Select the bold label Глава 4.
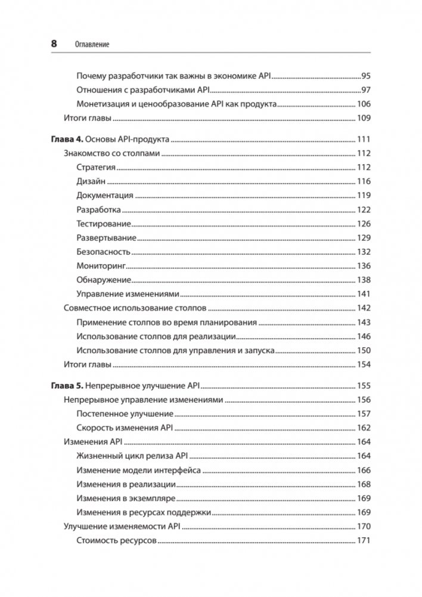point(64,140)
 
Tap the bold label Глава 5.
point(64,386)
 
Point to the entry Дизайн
point(91,182)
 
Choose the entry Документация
point(105,196)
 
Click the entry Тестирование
point(104,224)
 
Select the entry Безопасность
point(104,252)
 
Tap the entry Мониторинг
point(101,266)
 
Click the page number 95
point(366,76)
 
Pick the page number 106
point(364,104)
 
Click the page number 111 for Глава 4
point(364,140)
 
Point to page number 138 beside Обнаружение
point(364,280)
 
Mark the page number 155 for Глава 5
point(364,386)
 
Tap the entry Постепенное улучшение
point(125,414)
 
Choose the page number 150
point(364,351)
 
